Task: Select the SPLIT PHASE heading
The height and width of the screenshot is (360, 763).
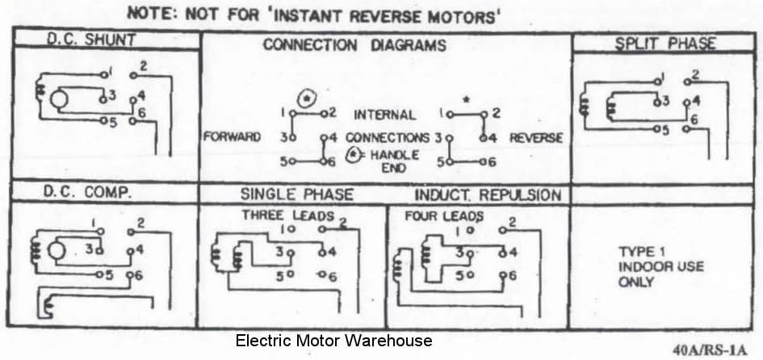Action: pos(666,44)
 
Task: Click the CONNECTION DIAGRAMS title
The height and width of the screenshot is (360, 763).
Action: pos(354,45)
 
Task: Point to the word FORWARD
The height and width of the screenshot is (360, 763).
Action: pos(232,137)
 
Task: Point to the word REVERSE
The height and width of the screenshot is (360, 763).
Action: pos(536,138)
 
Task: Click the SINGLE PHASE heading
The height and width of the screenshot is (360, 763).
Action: pos(296,195)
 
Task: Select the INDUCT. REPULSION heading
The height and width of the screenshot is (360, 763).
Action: pos(488,195)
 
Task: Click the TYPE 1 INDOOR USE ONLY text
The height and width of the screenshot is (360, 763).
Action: pos(649,266)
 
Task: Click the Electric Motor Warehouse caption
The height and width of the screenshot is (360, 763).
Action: pos(333,341)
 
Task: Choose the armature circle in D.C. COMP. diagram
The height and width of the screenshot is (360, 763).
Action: pos(57,250)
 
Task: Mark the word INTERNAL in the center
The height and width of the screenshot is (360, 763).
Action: pos(385,115)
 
